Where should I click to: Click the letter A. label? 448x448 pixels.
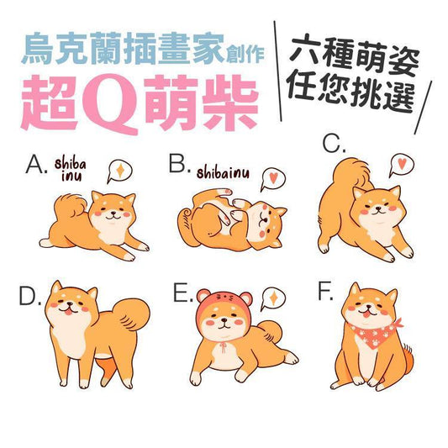coord(36,165)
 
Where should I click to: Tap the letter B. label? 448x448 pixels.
coord(180,163)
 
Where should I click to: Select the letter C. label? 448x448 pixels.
coord(334,144)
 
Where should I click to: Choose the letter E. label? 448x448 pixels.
coord(183,293)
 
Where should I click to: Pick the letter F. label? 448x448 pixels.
coord(326,292)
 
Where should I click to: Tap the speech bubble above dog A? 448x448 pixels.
coord(119,171)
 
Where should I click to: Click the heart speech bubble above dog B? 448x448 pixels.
coord(273,179)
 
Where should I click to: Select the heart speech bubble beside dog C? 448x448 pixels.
coord(402,165)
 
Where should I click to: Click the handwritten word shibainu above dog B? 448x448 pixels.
coord(223,172)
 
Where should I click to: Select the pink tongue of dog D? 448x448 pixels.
coord(69,313)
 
